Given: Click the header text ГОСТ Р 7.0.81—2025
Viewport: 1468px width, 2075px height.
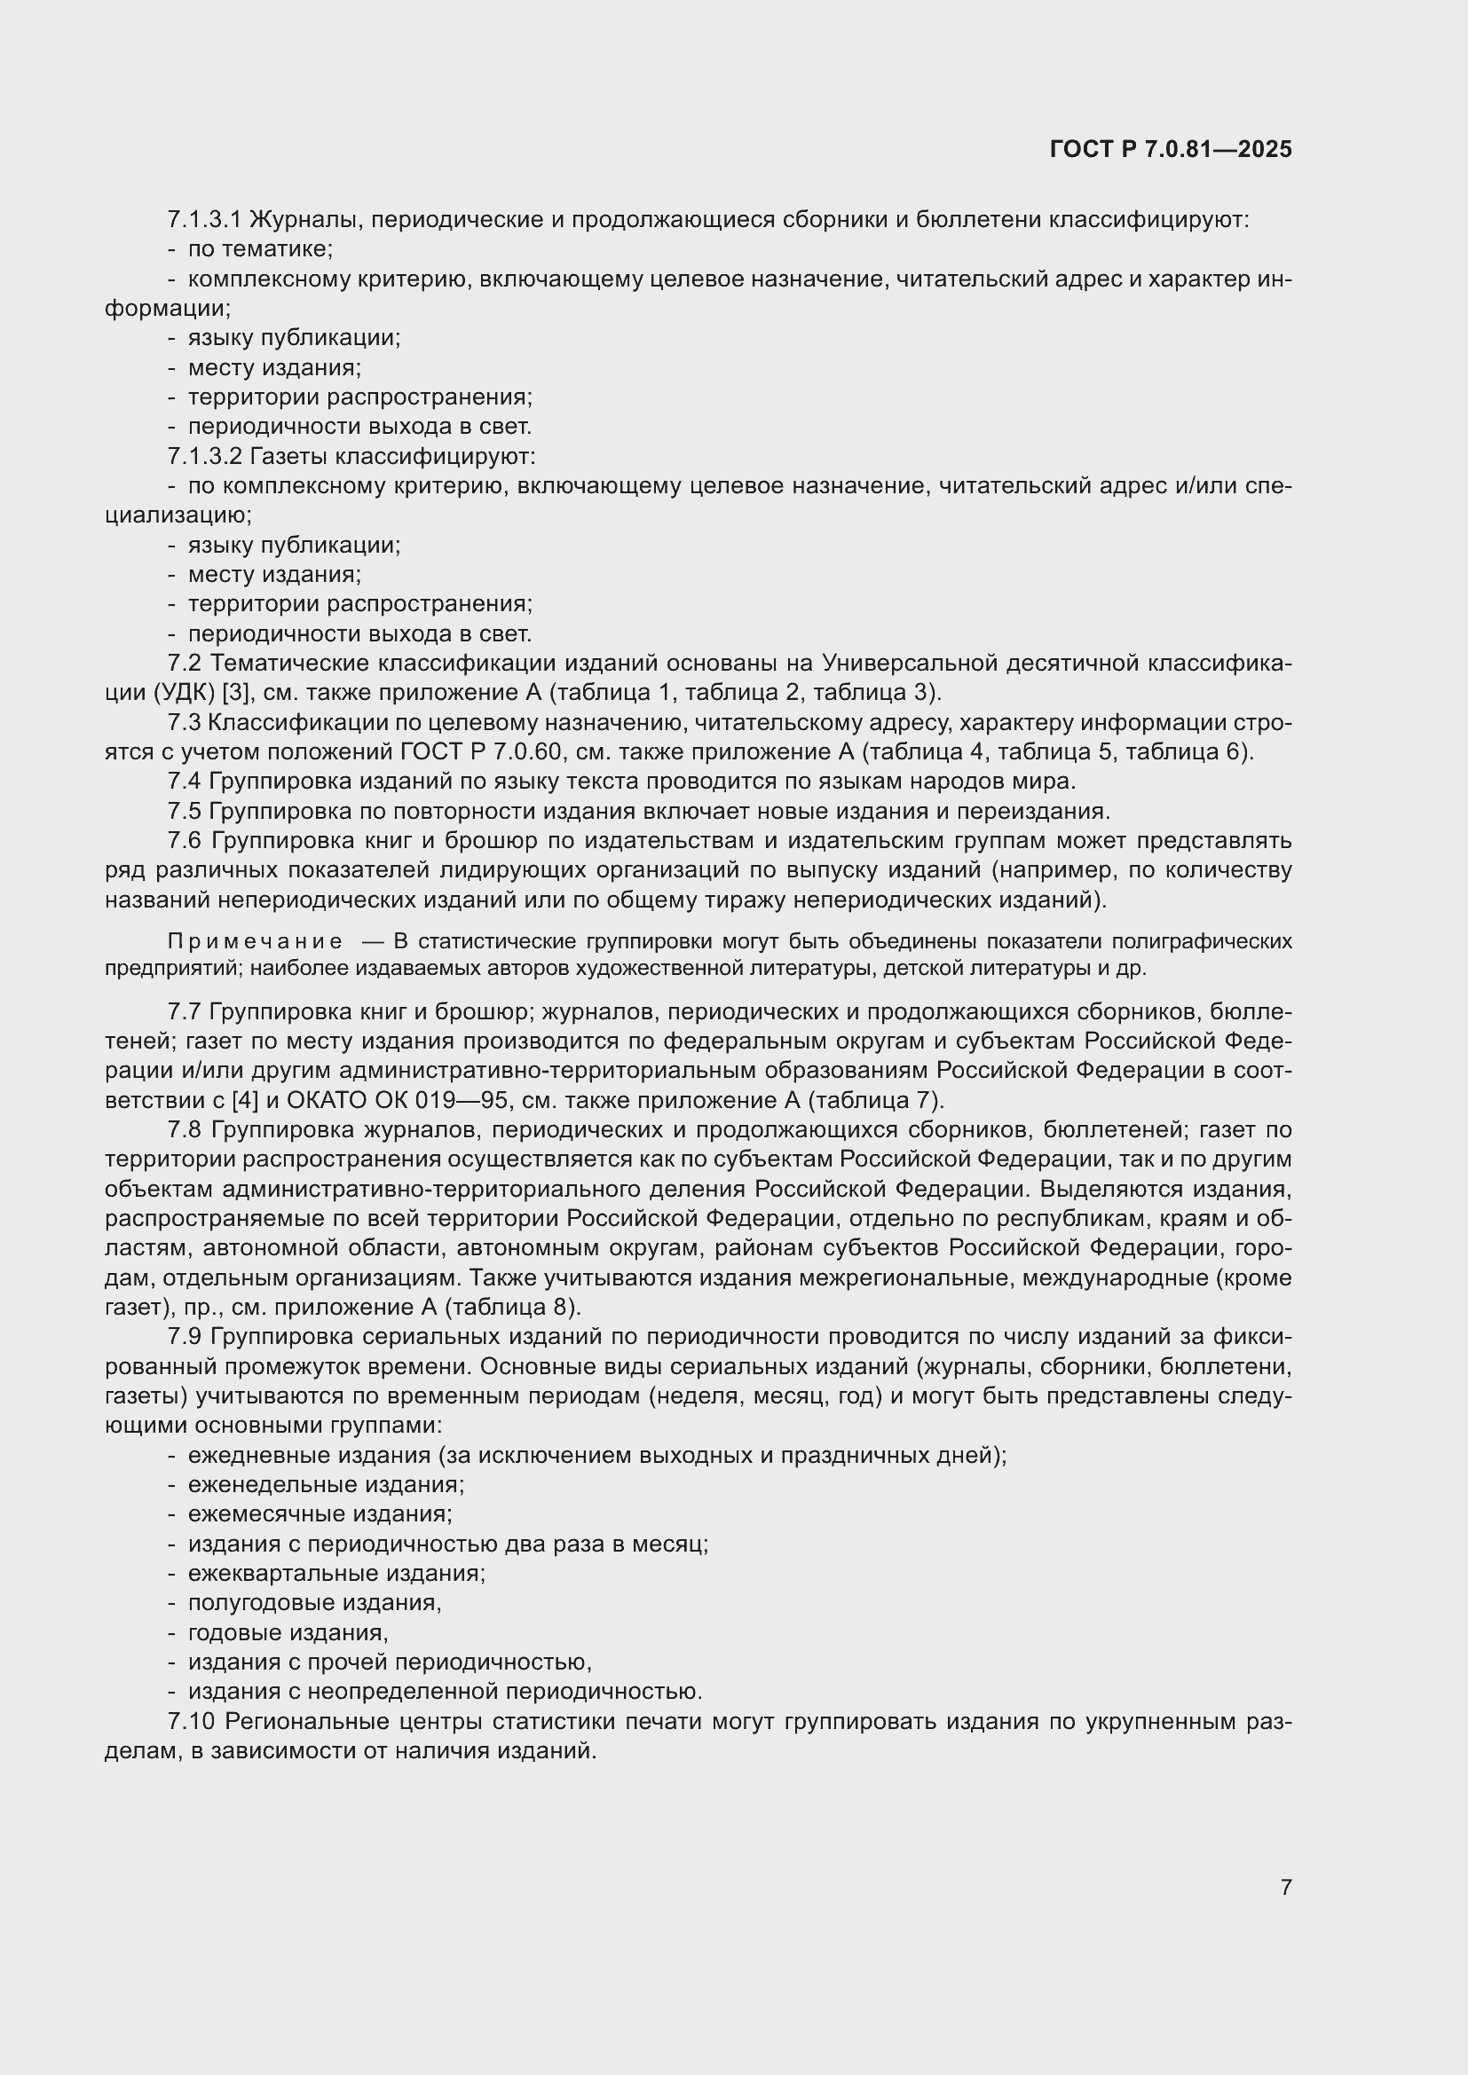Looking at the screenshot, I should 1171,150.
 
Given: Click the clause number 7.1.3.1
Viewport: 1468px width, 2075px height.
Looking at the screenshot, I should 204,220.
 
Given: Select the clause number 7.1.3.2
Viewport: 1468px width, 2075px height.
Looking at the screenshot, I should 204,456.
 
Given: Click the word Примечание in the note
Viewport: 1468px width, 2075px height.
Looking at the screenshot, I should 255,942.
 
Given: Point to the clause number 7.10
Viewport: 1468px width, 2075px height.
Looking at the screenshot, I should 190,1722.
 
